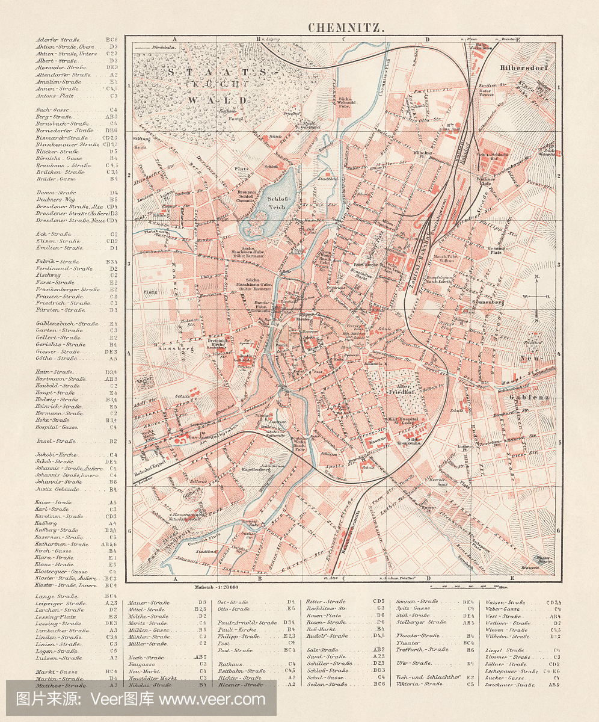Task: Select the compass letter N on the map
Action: click(x=535, y=277)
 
